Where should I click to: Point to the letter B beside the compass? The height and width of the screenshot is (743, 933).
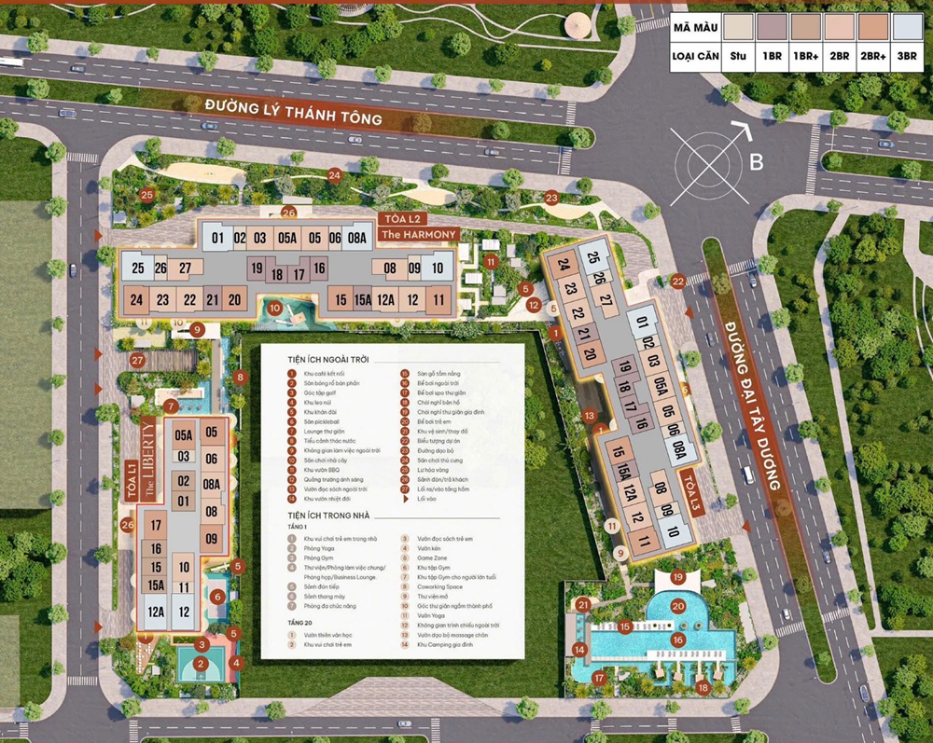[757, 162]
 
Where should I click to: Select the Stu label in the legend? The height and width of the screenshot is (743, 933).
[739, 56]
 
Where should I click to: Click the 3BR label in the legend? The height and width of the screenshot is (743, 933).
[908, 56]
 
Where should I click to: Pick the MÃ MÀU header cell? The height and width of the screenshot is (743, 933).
[696, 27]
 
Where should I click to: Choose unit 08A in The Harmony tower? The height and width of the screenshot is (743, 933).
[356, 238]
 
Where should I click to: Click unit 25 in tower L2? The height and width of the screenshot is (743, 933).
[138, 269]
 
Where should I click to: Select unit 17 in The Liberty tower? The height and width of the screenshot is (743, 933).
[156, 526]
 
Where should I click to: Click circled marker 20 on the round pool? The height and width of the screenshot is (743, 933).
[678, 606]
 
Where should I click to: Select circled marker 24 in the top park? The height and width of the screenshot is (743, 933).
[334, 173]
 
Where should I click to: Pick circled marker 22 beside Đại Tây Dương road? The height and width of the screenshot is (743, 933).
[678, 281]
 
